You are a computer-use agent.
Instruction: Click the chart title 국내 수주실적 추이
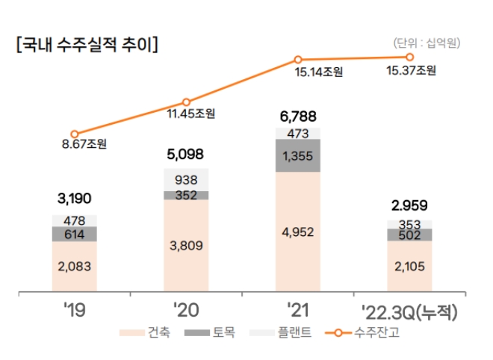tap(87, 44)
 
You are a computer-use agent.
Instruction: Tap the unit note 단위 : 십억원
tap(428, 43)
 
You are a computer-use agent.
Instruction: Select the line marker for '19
tap(74, 134)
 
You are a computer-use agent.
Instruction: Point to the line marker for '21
tap(298, 59)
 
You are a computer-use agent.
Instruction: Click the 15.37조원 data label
tap(412, 71)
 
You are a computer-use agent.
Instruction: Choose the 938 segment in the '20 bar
tap(186, 179)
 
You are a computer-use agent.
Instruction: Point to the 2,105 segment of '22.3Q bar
tap(409, 266)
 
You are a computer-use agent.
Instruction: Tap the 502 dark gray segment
tap(409, 235)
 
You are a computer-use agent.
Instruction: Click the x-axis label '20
tap(187, 310)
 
